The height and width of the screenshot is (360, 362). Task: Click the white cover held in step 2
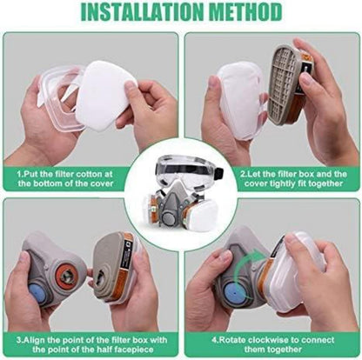240,100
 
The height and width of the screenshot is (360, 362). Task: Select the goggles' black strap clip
219,173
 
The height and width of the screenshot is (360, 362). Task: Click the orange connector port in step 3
67,276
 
